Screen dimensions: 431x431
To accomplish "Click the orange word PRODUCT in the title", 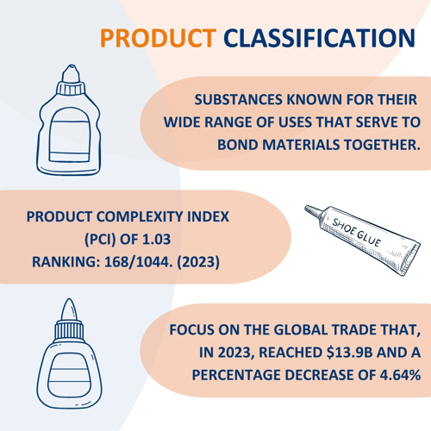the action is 158,38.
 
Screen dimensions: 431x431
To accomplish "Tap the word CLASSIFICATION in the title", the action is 319,38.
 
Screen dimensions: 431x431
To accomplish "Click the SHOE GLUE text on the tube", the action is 357,233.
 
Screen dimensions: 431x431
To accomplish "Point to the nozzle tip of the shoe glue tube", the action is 307,208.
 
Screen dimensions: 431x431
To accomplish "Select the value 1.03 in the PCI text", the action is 157,239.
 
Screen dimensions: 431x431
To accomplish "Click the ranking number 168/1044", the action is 139,262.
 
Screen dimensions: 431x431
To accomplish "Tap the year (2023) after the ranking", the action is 198,262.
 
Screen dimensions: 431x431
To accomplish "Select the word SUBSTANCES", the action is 239,100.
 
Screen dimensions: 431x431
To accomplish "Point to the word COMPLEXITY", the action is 140,216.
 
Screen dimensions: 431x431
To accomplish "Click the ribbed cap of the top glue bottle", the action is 71,88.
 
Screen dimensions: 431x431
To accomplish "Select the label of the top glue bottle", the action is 70,135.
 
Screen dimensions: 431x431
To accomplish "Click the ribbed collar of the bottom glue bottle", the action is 69,331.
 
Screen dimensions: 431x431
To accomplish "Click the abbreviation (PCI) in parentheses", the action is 100,239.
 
